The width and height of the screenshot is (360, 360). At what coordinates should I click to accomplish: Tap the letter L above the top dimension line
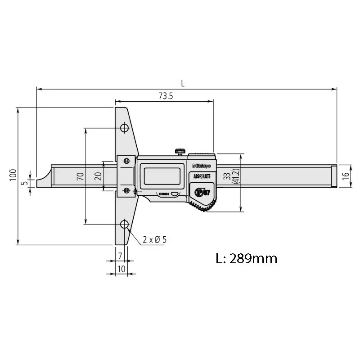click(x=183, y=83)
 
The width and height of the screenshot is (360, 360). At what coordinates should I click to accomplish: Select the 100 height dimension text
click(x=13, y=176)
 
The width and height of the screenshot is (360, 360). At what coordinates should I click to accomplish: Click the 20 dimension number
click(x=98, y=176)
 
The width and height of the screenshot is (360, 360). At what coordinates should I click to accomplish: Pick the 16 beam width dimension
click(x=345, y=176)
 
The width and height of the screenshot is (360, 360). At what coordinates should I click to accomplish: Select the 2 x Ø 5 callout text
click(x=154, y=240)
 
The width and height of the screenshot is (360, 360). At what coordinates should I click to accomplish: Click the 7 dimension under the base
click(x=120, y=256)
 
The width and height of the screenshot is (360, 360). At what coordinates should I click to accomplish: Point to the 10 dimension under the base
click(x=121, y=269)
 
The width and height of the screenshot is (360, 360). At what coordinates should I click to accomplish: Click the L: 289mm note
click(x=246, y=259)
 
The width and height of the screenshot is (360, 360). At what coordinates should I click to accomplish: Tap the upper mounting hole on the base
click(x=124, y=129)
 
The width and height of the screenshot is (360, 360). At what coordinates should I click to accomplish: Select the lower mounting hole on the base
click(x=124, y=224)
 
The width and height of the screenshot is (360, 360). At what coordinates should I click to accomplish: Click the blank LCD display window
click(x=162, y=175)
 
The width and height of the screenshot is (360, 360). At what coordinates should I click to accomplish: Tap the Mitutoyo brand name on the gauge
click(x=202, y=166)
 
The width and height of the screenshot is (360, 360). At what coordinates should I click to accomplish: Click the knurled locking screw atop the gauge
click(x=181, y=152)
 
